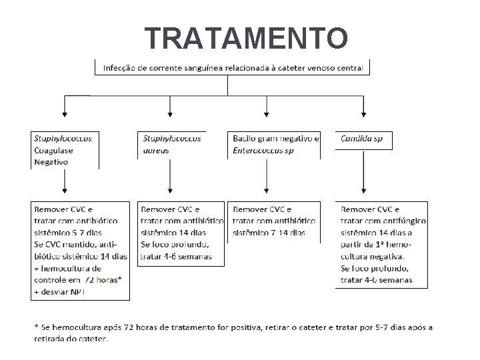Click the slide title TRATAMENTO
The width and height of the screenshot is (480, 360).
tap(246, 38)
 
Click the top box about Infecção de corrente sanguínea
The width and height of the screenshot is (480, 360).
tap(232, 67)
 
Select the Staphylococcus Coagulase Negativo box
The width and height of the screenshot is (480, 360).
tap(64, 150)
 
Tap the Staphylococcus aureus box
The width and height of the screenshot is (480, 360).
tap(172, 144)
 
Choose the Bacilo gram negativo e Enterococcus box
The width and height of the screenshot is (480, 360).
tap(274, 144)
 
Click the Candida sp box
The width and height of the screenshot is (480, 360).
tap(363, 139)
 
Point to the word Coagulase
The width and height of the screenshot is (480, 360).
tap(53, 150)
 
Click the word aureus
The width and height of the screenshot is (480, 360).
tap(157, 151)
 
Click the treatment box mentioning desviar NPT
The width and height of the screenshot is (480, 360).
tap(81, 250)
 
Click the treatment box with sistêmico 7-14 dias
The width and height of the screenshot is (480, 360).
tap(273, 221)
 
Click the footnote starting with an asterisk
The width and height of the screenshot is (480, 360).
tap(233, 332)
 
